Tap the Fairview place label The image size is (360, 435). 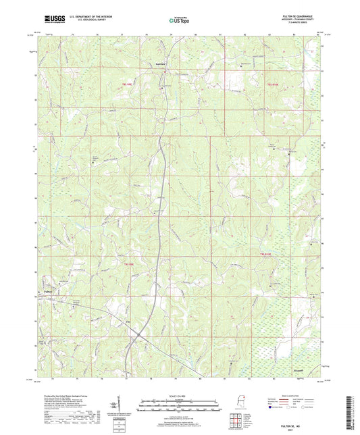pos(160,64)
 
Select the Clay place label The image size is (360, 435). pos(128,322)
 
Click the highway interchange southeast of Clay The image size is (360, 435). pos(140,334)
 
